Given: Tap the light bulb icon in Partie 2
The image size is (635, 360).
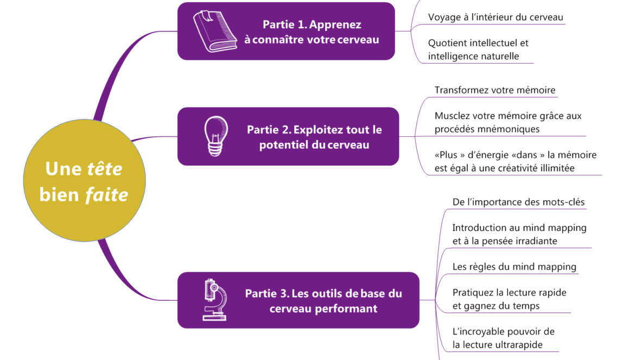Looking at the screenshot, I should tap(215, 136).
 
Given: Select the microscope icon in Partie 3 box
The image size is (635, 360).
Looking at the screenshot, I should tap(214, 299).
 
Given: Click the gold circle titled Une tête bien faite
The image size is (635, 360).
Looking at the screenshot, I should tap(84, 181).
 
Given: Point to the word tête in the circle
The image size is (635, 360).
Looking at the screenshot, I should tap(105, 169).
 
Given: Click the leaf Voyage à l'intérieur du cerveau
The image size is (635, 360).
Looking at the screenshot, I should tap(496, 17).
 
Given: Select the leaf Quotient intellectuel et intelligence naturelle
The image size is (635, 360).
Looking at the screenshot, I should tap(478, 49).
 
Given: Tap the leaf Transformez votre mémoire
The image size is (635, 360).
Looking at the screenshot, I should tap(495, 90).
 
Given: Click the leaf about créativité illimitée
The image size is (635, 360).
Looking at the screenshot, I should tap(515, 162).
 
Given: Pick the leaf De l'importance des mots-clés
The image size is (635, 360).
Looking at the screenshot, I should tap(518, 203).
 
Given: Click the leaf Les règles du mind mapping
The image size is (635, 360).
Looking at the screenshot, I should tap(514, 267).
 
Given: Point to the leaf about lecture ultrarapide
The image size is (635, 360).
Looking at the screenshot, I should tap(503, 338).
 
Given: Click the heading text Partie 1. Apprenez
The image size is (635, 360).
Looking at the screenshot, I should tap(312, 24).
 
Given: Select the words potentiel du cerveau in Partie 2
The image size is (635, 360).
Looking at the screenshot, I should tap(314, 145).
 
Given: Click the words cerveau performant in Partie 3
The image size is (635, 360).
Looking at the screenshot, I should tap(323, 309).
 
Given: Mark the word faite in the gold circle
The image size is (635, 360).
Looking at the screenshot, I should tap(106, 194).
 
